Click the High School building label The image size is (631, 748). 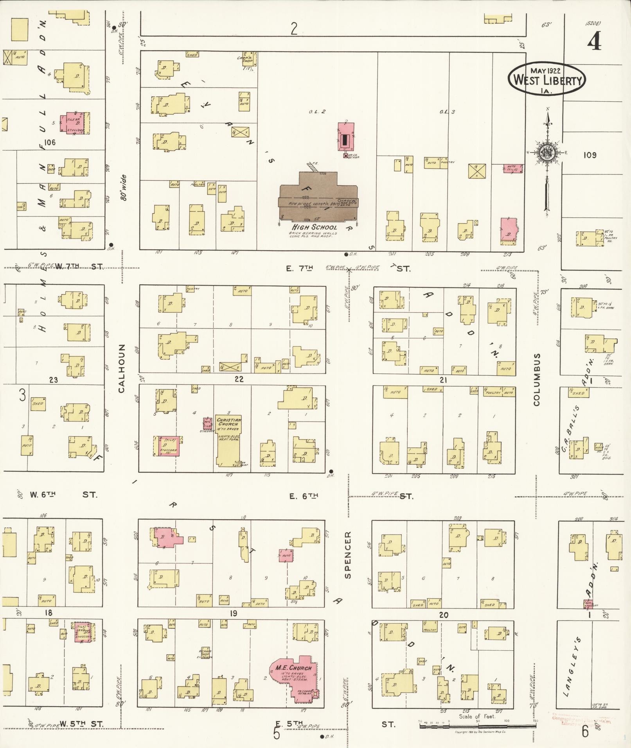click(314, 227)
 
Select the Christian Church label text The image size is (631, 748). click(229, 422)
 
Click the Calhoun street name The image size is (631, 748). click(122, 368)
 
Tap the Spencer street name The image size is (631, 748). click(348, 555)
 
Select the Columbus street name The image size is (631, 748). click(536, 379)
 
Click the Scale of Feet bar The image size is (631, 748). click(477, 726)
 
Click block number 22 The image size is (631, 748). click(239, 379)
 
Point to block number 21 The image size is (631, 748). click(443, 380)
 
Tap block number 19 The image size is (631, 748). click(233, 613)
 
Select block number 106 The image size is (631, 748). click(50, 142)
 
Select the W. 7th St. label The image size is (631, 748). click(79, 266)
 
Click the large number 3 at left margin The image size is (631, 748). click(22, 395)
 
